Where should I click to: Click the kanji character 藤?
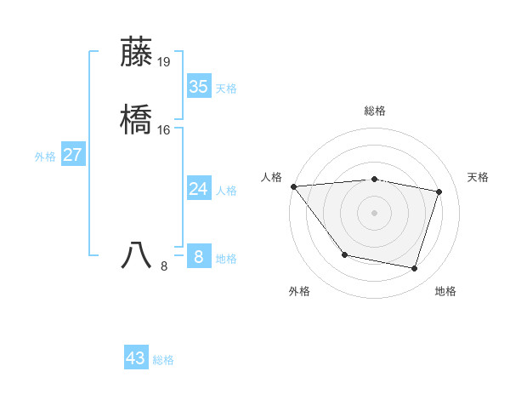coord(137,52)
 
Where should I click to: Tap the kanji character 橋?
coord(137,120)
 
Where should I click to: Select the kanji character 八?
coord(137,254)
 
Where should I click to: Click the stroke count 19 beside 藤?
coord(164,61)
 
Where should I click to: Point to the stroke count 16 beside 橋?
coord(164,129)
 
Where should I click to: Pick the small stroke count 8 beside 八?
coord(164,266)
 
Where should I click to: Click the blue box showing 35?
coord(198,87)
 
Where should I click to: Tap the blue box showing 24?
coord(198,189)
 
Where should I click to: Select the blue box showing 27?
coord(72,155)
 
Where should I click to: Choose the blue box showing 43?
coord(135,358)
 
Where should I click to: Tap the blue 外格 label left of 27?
coord(44,157)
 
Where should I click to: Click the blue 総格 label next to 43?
coord(163,360)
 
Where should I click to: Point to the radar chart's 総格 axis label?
coord(375,111)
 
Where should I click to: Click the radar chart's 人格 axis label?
coord(271,177)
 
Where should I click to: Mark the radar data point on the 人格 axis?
coord(293,186)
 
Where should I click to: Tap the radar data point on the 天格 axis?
coord(439,192)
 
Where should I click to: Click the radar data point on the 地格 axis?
coord(414,269)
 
